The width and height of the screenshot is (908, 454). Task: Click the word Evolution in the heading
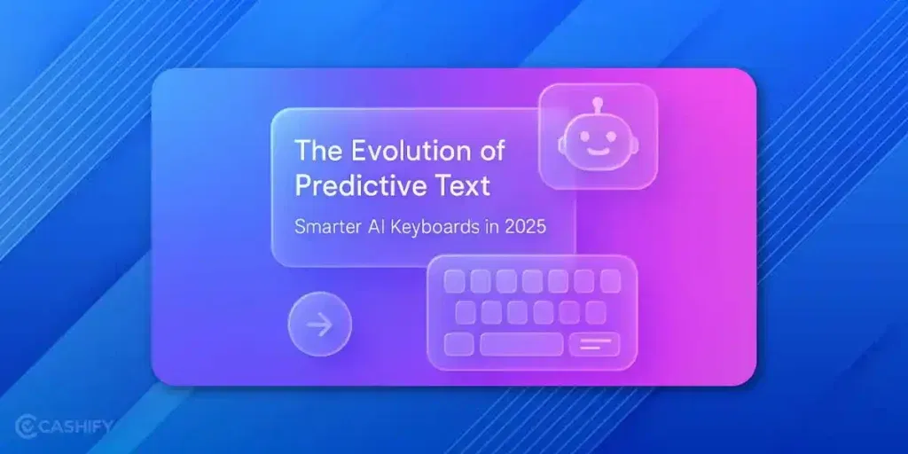[401, 151]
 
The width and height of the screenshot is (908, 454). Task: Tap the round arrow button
[319, 325]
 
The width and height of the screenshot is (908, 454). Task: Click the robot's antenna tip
[599, 102]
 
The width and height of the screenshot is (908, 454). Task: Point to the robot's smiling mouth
[599, 152]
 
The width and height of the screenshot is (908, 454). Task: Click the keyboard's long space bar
[521, 344]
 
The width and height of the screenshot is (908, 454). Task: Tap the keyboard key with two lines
[594, 344]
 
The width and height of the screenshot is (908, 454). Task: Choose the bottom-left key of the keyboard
[458, 344]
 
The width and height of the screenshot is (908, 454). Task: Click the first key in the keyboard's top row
[454, 281]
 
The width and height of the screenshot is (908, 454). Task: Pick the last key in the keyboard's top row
[610, 281]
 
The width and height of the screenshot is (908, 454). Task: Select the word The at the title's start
[315, 151]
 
